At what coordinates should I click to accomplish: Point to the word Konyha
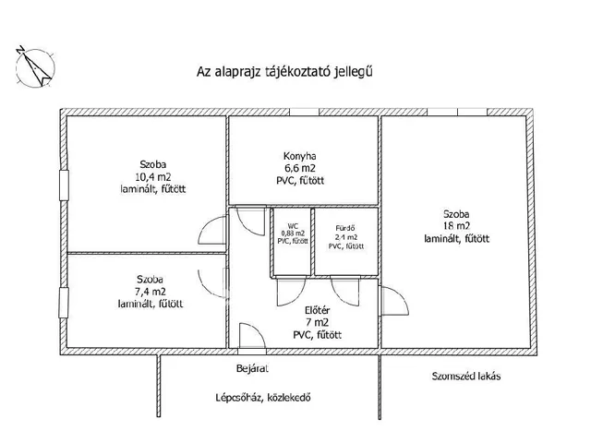pyautogui.click(x=302, y=155)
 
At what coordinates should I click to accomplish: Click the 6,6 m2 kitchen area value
pyautogui.click(x=302, y=168)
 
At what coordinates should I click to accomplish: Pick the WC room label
pyautogui.click(x=293, y=224)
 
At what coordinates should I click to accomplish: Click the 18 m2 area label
pyautogui.click(x=456, y=225)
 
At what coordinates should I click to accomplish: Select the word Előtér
pyautogui.click(x=318, y=310)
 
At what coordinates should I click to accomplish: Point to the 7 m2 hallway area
pyautogui.click(x=318, y=323)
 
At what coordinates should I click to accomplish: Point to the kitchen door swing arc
pyautogui.click(x=249, y=219)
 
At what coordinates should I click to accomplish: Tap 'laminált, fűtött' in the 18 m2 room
pyautogui.click(x=456, y=238)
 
